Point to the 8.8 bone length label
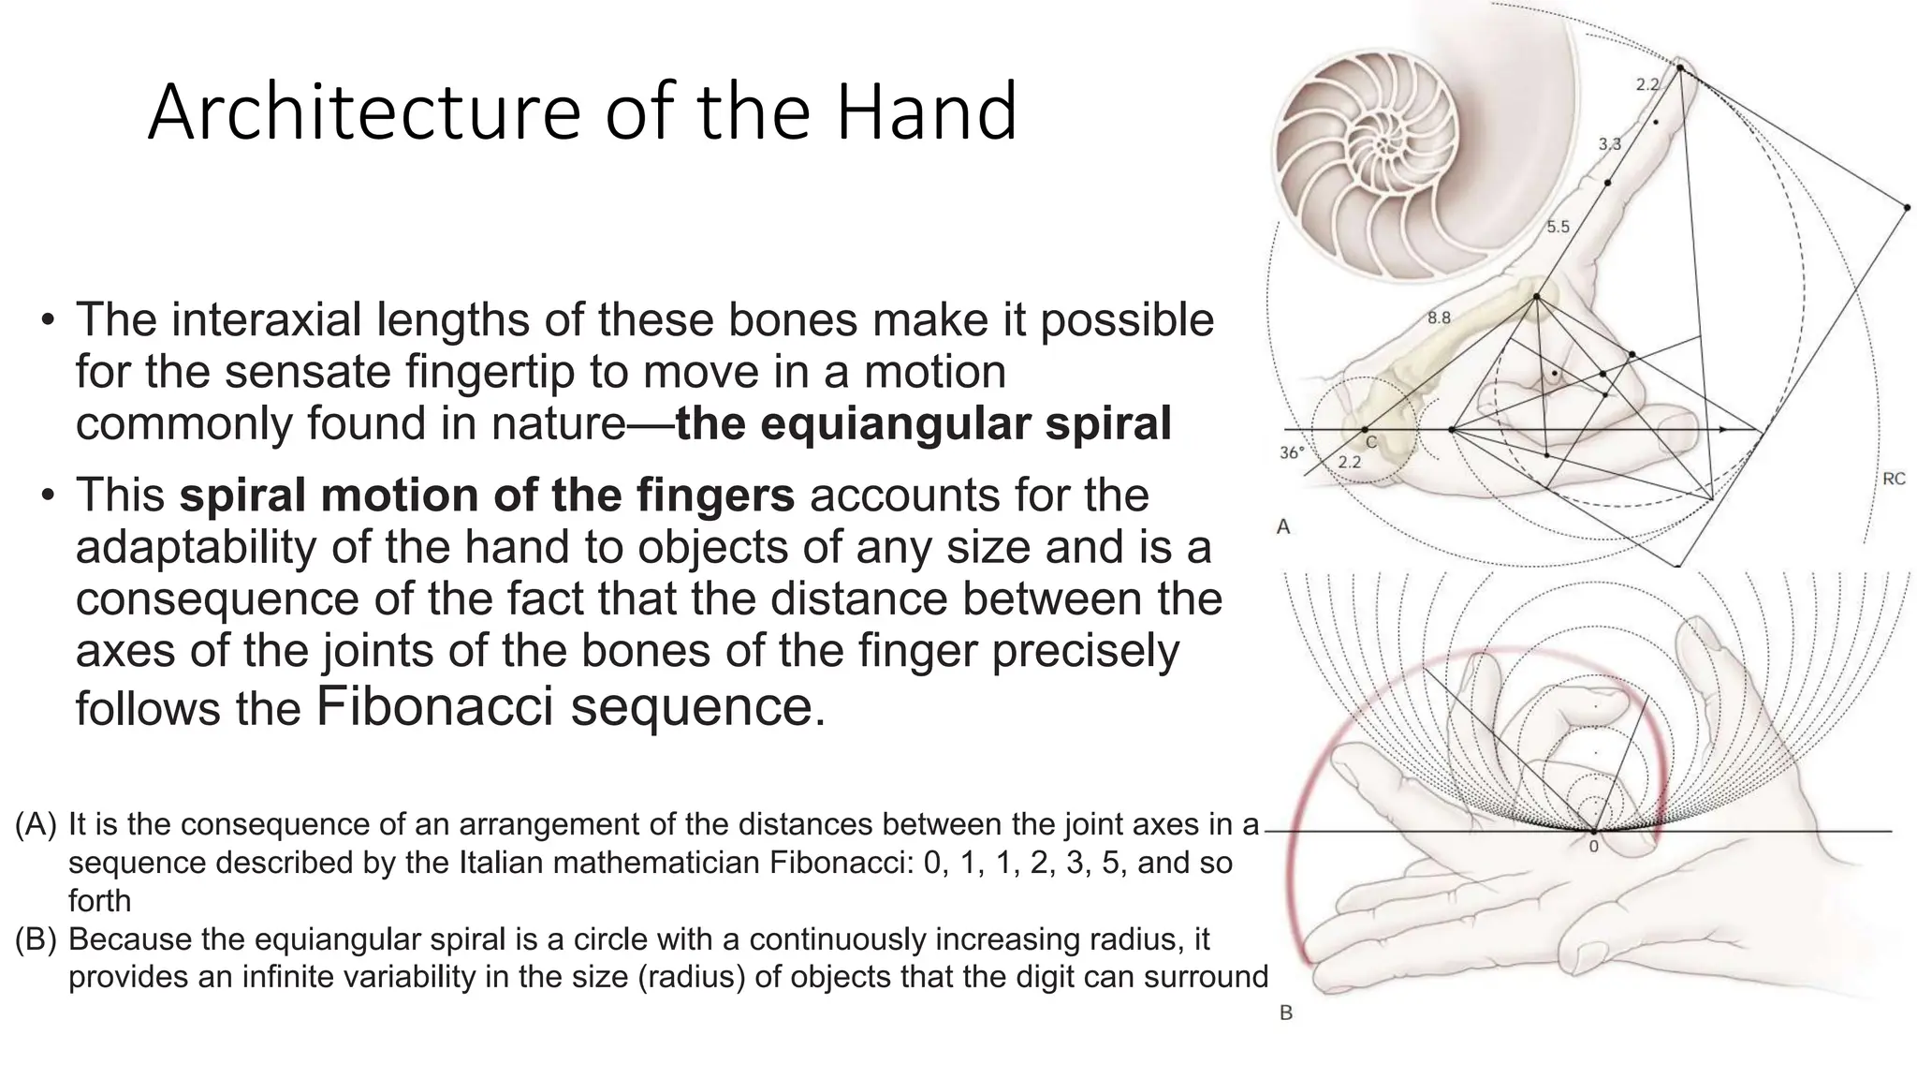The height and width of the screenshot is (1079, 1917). coord(1439,318)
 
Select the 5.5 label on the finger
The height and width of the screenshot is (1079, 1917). coord(1558,227)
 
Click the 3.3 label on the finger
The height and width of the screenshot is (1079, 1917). coord(1609,144)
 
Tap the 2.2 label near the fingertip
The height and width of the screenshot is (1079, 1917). coord(1647,85)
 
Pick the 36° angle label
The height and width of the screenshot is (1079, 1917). coord(1292,453)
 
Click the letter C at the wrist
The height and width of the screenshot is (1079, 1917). coord(1370,442)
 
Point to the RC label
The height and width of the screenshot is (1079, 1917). coord(1893,480)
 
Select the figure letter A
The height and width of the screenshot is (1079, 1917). coord(1283,527)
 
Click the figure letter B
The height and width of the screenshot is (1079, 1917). coord(1285,1012)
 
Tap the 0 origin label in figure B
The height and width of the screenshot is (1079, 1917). coord(1593,847)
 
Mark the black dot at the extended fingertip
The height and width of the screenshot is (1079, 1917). coord(1680,67)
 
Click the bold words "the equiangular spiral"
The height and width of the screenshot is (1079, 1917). coord(923,423)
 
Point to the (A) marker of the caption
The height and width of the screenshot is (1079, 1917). coord(36,824)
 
